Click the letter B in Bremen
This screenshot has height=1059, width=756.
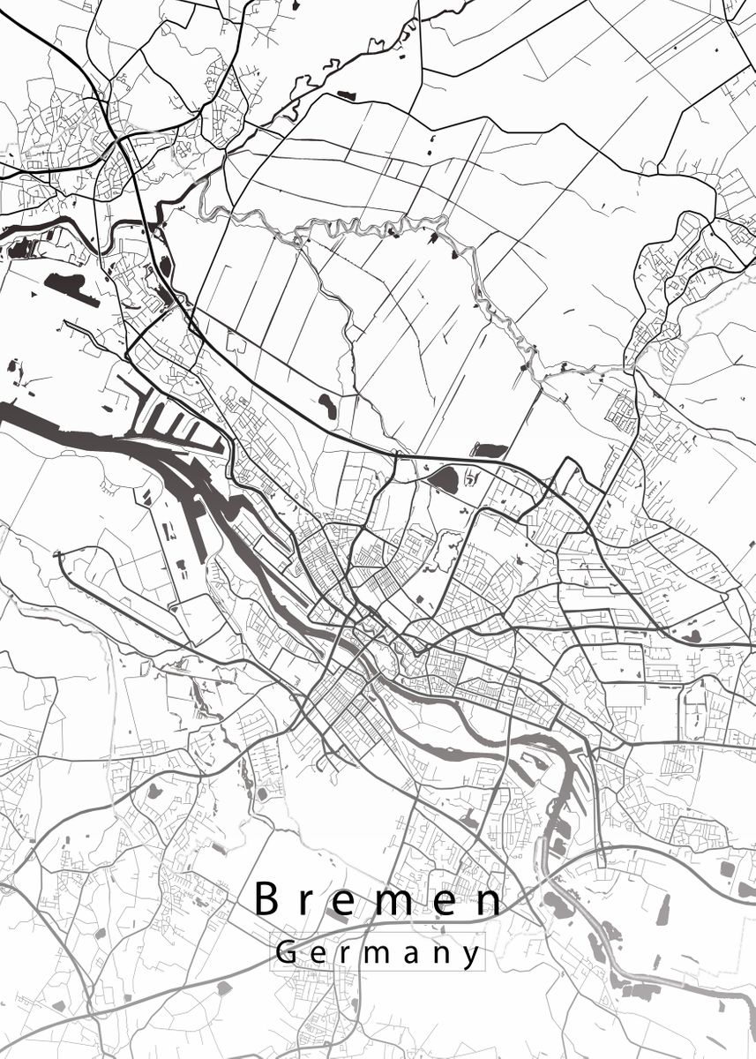pos(268,899)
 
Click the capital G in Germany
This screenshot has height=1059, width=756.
pos(286,952)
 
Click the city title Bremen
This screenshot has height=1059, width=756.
pos(378,900)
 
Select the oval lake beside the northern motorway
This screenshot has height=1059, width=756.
pos(443,480)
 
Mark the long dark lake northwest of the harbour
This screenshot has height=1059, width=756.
pos(71,287)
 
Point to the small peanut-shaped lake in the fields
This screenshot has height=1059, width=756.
pos(327,406)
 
